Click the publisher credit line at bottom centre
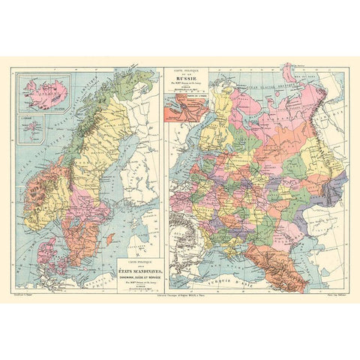tap(180, 298)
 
